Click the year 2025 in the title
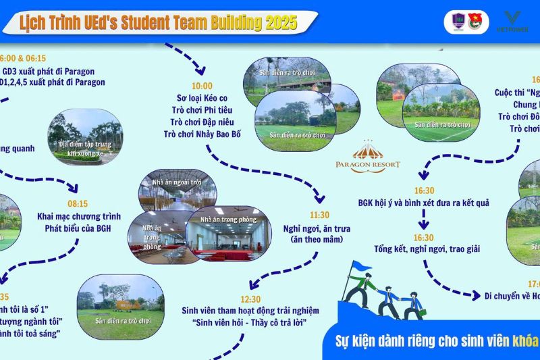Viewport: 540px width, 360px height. click(x=281, y=22)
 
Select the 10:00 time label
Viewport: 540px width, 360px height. click(x=201, y=86)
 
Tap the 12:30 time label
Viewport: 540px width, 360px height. click(x=249, y=299)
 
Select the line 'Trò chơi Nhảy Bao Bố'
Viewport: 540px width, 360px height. click(x=202, y=134)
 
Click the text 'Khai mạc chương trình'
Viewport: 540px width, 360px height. click(x=79, y=217)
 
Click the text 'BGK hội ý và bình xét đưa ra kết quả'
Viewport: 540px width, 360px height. click(x=424, y=203)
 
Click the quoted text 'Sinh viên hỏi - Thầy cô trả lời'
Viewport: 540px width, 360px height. click(x=250, y=322)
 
